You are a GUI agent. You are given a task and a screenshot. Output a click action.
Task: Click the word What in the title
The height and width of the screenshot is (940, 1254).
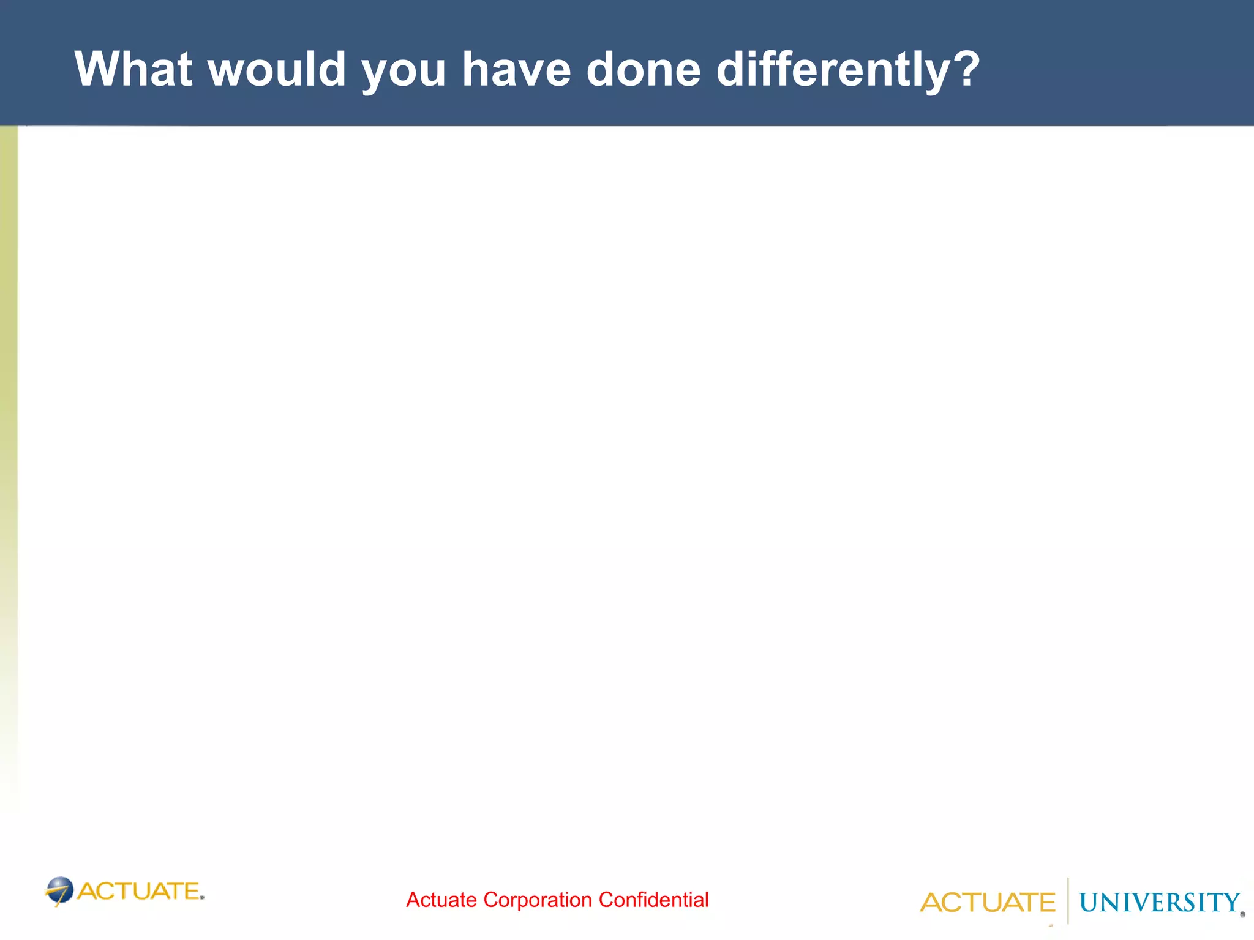[x=133, y=69]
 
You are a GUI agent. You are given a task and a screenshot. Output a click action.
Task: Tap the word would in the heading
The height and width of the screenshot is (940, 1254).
[x=277, y=69]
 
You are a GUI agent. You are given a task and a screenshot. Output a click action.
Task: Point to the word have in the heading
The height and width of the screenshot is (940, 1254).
[x=516, y=69]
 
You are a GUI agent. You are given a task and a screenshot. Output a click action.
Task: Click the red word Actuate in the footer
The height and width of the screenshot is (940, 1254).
[x=441, y=900]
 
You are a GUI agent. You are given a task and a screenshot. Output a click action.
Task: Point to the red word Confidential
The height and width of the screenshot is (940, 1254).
[x=653, y=900]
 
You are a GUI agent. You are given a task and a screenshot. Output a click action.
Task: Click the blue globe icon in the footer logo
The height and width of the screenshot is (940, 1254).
[x=60, y=890]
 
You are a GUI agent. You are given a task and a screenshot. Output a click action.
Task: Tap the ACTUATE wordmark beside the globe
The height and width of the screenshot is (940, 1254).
[x=139, y=891]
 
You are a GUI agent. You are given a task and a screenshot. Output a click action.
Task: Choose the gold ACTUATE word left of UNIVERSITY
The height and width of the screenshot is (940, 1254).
[x=987, y=903]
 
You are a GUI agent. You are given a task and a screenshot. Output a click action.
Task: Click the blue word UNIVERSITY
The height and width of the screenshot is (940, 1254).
[x=1159, y=903]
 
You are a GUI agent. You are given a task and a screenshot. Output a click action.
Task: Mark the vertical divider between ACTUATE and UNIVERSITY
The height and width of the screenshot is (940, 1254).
[x=1068, y=901]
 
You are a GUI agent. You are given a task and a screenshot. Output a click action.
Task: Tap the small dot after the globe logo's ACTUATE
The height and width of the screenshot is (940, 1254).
[x=202, y=898]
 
